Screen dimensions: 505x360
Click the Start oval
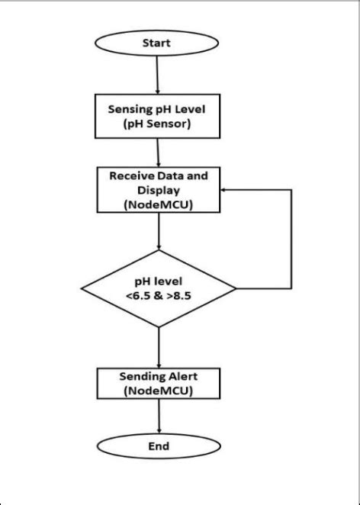156,43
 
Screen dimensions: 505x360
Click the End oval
159,446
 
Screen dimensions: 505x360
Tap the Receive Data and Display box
158,189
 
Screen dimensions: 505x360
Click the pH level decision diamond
159,289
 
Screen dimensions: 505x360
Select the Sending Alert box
159,384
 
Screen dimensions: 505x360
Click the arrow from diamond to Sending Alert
159,347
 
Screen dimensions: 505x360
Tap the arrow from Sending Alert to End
159,417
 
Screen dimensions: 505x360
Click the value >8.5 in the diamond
183,296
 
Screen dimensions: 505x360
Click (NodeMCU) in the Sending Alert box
159,391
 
